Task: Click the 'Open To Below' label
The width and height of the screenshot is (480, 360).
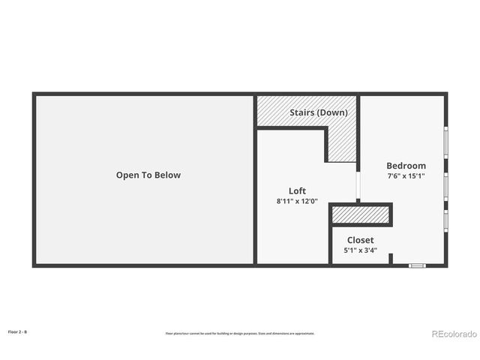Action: tap(148, 175)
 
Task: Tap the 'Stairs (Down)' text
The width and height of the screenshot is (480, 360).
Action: tap(319, 112)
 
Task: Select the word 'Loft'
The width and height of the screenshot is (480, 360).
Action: tap(297, 190)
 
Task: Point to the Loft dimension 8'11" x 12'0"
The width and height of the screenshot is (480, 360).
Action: tap(297, 201)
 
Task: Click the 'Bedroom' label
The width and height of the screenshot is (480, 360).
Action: tap(406, 166)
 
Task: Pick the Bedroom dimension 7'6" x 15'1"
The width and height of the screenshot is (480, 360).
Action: tap(406, 176)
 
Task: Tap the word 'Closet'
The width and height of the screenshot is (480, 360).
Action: tap(360, 240)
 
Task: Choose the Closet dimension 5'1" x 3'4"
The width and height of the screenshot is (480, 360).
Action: tap(360, 250)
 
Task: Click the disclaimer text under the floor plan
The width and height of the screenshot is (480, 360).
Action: tap(240, 333)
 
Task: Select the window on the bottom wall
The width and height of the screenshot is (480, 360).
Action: tap(417, 265)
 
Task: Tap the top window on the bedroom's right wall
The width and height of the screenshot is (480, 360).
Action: tap(445, 142)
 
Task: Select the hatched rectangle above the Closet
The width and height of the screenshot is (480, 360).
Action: tap(361, 214)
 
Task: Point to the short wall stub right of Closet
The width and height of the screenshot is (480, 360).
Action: tap(390, 259)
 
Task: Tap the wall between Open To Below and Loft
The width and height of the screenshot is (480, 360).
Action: tap(255, 180)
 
